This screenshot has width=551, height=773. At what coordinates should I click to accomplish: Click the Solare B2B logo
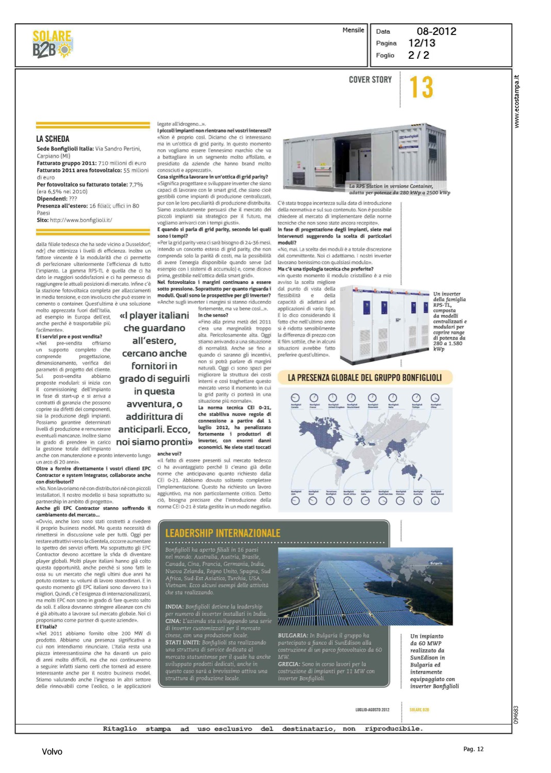[52, 44]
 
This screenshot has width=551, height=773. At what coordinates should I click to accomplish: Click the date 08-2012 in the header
[436, 31]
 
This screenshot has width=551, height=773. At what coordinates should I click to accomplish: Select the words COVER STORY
[370, 80]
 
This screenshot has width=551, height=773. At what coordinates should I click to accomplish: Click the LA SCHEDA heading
[53, 139]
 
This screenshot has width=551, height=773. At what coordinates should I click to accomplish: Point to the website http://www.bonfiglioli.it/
[81, 220]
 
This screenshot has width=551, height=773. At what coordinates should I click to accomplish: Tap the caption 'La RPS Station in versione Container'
[391, 186]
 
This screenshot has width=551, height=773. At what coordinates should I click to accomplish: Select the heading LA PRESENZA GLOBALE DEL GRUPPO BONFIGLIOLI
[364, 378]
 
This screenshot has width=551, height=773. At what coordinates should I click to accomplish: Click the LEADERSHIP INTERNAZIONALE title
[223, 533]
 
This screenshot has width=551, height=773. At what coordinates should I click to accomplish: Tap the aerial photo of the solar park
[365, 586]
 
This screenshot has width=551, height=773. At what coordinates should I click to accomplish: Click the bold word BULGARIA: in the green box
[293, 636]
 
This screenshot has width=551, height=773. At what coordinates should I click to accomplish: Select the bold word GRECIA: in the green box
[289, 664]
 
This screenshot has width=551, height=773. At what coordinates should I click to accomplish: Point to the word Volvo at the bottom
[52, 752]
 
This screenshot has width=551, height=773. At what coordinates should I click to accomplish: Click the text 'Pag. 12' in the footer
[473, 749]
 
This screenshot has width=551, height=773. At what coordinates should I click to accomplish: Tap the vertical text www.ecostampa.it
[517, 102]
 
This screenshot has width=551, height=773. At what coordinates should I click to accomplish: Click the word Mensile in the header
[353, 30]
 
